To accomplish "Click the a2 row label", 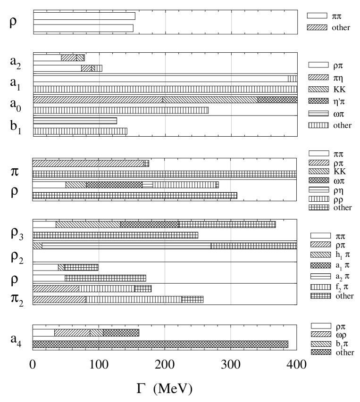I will [x=15, y=61].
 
